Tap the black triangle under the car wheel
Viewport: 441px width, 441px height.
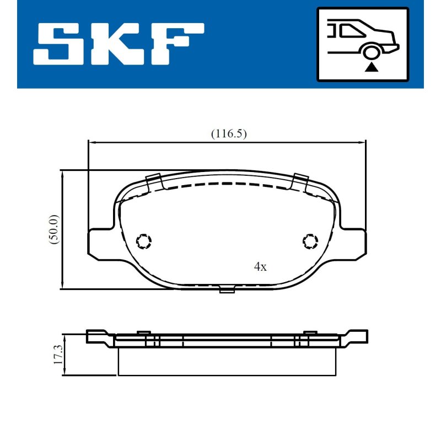point(371,67)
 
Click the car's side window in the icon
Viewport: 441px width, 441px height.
point(352,31)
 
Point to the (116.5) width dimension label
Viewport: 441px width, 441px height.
point(229,133)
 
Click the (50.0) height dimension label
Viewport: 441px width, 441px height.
point(53,229)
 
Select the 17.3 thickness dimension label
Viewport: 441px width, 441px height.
point(58,354)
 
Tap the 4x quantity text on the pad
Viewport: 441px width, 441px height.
point(260,266)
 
